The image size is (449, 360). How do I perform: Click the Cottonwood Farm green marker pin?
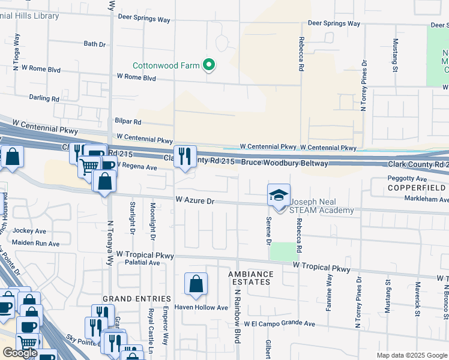209,65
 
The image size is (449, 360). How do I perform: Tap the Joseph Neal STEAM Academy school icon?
279,196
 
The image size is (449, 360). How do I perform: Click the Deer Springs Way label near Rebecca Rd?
334,23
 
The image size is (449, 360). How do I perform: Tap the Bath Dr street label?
95,44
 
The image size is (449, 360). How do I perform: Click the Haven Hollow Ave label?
201,308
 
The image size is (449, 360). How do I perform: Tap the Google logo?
19,353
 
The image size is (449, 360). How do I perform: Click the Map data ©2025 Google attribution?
411,355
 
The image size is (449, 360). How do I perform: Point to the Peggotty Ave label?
407,179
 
